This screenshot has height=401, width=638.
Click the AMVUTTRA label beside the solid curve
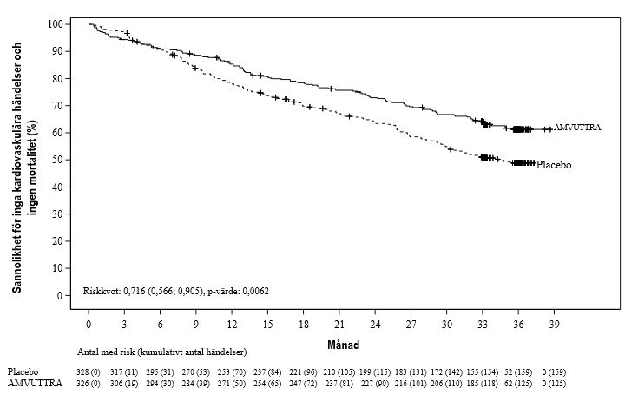pyautogui.click(x=577, y=128)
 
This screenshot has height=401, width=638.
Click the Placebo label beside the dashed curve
pyautogui.click(x=554, y=165)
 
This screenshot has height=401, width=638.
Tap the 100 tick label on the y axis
pyautogui.click(x=56, y=24)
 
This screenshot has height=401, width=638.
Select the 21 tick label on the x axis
pyautogui.click(x=339, y=325)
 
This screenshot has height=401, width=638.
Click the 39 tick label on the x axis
pyautogui.click(x=554, y=325)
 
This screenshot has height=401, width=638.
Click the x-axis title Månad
pyautogui.click(x=344, y=345)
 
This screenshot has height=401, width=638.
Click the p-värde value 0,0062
pyautogui.click(x=255, y=291)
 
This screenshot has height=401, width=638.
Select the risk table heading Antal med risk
pyautogui.click(x=107, y=352)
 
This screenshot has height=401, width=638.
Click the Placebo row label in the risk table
pyautogui.click(x=23, y=371)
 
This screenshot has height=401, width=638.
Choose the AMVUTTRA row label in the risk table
pyautogui.click(x=35, y=383)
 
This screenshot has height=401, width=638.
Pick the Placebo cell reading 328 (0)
pyautogui.click(x=89, y=371)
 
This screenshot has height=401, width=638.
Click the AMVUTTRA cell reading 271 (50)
pyautogui.click(x=232, y=383)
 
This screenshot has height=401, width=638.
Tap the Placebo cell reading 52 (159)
pyautogui.click(x=518, y=371)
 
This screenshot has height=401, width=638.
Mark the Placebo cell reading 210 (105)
pyautogui.click(x=339, y=371)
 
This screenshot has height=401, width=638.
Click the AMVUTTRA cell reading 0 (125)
pyautogui.click(x=554, y=383)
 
